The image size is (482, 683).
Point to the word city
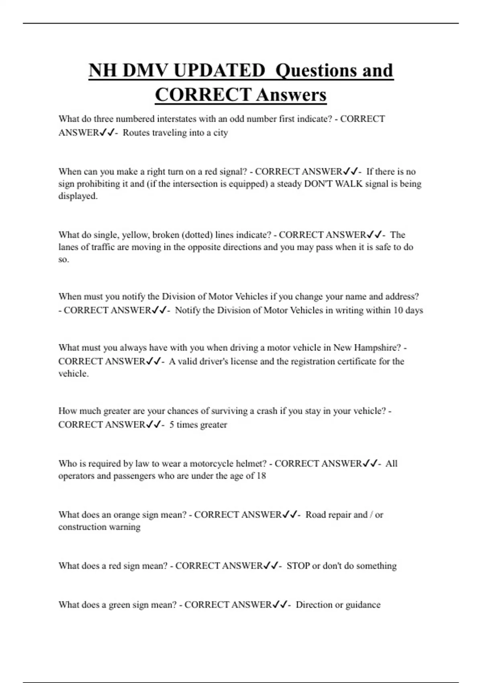(x=221, y=133)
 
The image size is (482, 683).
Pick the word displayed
(x=78, y=196)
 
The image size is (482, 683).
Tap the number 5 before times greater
(x=172, y=425)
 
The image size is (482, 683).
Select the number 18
(x=261, y=476)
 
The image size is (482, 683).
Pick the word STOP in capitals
(x=298, y=566)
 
